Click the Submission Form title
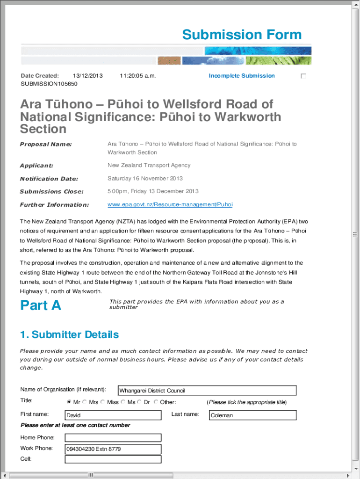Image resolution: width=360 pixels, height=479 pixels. click(242, 35)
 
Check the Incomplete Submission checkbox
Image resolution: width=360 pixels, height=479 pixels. click(303, 76)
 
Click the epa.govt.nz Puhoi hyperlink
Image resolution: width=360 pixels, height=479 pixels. click(170, 204)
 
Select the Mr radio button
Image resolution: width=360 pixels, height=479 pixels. click(69, 402)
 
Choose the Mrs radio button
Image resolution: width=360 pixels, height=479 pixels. click(85, 402)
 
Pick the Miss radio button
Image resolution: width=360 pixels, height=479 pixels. click(103, 402)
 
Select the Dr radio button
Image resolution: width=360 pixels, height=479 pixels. click(139, 402)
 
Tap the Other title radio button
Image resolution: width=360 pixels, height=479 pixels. click(156, 402)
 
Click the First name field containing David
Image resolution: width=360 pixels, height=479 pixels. click(113, 415)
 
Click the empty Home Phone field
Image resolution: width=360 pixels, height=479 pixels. click(113, 438)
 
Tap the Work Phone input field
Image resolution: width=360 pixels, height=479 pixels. click(113, 449)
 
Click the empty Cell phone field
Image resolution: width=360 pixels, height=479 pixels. click(113, 459)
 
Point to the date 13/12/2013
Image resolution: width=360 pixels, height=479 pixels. click(88, 76)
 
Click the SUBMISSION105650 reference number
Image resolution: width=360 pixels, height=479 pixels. click(49, 84)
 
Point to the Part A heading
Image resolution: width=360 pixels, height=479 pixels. click(41, 305)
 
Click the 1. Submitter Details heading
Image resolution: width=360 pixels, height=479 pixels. click(69, 334)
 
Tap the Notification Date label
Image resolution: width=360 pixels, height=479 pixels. click(49, 179)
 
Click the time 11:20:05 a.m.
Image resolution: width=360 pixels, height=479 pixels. click(137, 76)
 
